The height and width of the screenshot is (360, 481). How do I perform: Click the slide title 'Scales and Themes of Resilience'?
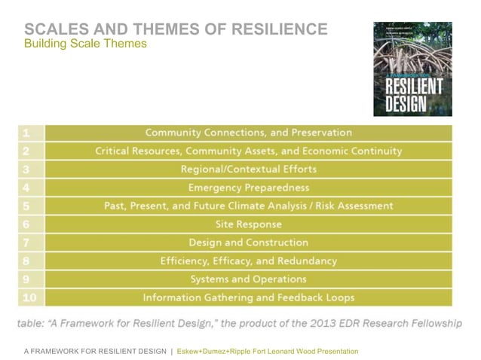176,29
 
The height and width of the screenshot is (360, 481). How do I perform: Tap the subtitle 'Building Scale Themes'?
85,44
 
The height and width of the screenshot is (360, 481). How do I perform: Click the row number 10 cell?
29,297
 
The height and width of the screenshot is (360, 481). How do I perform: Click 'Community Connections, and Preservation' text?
248,133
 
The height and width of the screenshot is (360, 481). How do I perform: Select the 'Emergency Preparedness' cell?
248,188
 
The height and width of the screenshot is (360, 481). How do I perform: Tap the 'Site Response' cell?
248,224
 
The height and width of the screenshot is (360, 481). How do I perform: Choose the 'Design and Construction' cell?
248,243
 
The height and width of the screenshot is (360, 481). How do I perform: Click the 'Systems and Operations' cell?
248,279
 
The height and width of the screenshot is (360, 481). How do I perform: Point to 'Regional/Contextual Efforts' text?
248,169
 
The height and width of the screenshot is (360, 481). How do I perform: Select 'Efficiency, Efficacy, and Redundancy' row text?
248,261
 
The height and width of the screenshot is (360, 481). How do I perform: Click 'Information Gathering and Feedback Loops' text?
248,297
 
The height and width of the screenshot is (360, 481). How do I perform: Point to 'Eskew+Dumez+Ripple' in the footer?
222,351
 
